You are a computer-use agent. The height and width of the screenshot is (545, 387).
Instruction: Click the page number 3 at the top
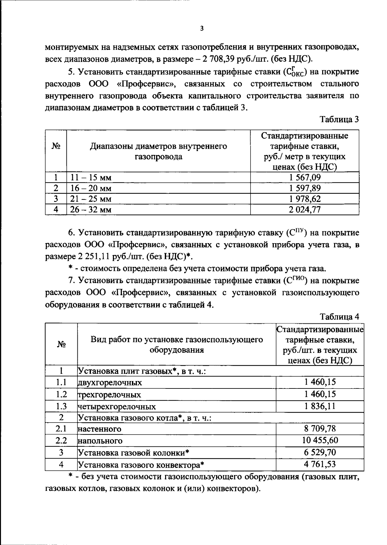(202, 29)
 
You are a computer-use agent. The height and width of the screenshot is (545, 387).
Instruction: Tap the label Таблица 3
(339, 120)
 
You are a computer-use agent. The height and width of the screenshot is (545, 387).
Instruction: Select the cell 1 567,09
(305, 177)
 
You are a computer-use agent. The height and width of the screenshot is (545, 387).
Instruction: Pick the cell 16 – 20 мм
(91, 188)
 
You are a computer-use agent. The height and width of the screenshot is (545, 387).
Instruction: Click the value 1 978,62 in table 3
(305, 198)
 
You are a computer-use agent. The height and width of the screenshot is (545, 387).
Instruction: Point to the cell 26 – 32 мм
(91, 210)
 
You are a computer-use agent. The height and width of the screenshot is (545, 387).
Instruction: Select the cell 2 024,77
(305, 209)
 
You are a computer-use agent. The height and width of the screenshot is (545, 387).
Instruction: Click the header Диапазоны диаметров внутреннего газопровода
(158, 151)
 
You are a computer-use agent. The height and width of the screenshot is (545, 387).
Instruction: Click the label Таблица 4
(339, 317)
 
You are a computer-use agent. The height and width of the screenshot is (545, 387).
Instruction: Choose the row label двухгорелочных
(110, 383)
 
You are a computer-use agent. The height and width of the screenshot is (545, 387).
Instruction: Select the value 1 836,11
(320, 406)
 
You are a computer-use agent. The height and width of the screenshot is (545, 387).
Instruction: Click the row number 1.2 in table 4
(61, 395)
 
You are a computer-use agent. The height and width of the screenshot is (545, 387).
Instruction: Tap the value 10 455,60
(320, 440)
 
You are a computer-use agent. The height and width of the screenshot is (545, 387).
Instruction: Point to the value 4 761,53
(320, 464)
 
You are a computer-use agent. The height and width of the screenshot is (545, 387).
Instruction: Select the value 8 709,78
(320, 429)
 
